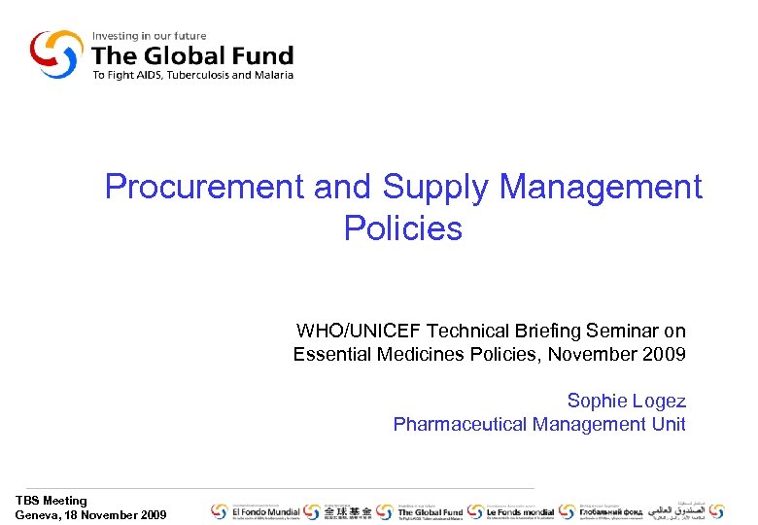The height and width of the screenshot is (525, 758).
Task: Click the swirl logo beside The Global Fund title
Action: point(56,54)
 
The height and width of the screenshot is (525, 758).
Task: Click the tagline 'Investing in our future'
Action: point(149,37)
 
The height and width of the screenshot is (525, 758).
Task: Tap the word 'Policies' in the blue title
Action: point(402,228)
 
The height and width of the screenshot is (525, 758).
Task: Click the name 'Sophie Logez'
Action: point(626,401)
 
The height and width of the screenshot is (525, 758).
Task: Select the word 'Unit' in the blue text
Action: point(669,424)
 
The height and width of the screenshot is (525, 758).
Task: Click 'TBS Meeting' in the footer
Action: point(52,501)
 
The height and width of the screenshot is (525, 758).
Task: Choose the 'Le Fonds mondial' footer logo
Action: point(512,511)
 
